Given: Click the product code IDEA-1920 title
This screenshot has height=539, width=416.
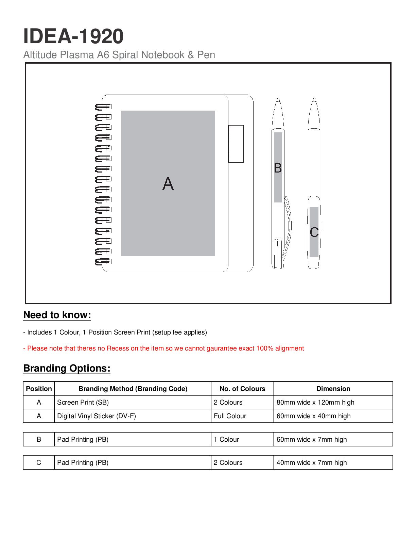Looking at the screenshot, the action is (73, 36).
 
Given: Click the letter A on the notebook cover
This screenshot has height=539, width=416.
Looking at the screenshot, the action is (168, 183).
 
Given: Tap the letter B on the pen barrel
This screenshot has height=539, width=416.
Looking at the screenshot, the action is (278, 168).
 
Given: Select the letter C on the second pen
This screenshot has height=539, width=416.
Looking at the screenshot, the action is (314, 232).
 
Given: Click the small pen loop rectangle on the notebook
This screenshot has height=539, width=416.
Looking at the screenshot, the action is (236, 144).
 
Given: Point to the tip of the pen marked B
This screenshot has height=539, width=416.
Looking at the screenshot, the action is (278, 98).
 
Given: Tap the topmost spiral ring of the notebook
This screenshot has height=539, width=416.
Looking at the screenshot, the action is (103, 107).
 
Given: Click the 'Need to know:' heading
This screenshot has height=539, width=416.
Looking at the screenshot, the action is (57, 315).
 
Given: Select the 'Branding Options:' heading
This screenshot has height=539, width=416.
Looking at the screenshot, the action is (67, 368).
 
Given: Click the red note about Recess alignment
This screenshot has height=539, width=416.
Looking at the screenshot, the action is (163, 348).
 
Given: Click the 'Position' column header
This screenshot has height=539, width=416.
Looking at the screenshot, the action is (39, 389).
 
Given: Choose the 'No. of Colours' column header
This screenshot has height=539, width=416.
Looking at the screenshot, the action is (242, 389).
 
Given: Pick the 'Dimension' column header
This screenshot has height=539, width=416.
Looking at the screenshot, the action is (333, 389).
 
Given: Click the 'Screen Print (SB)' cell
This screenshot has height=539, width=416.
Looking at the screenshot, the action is (83, 402).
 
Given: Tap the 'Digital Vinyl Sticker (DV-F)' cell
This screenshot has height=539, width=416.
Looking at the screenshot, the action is (97, 416).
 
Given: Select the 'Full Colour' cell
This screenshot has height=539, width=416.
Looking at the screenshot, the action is (230, 416).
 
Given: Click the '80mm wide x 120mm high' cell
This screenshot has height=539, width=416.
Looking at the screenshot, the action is (315, 402).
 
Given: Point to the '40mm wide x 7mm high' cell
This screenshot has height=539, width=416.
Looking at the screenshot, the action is (312, 462).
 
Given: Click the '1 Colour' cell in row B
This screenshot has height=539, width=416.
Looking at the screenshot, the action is (226, 440).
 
